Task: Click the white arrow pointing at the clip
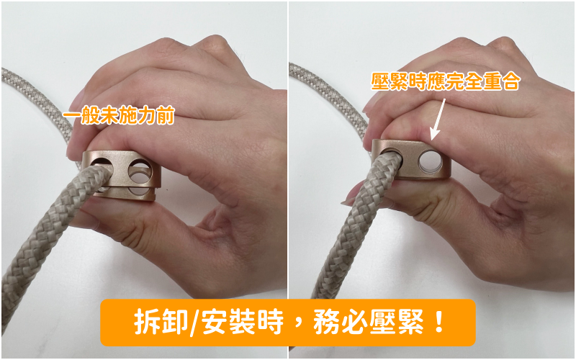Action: [x=438, y=120]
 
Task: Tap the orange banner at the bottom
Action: [x=288, y=323]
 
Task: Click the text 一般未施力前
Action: [x=119, y=115]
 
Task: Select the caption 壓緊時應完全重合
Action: [x=445, y=81]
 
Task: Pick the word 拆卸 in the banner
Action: [x=161, y=322]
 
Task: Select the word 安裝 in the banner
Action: [x=228, y=322]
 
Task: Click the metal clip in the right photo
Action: [x=410, y=159]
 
